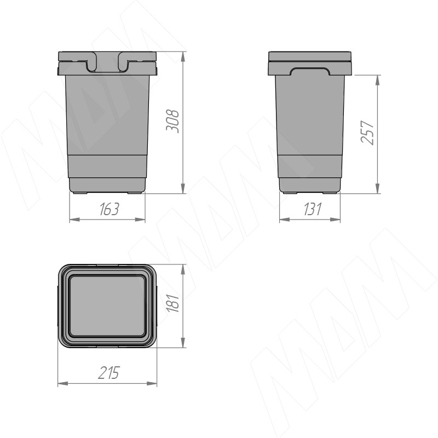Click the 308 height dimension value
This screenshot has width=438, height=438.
point(172,121)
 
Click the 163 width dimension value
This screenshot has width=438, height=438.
point(109,209)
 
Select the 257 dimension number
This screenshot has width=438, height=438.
point(367,132)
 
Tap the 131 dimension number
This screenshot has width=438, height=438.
point(313,209)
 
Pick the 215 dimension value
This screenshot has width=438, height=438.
point(108,372)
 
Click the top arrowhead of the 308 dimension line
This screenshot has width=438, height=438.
point(183,57)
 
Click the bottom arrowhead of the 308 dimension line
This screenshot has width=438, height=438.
point(183,188)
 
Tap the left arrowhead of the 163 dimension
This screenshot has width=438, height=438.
point(74,220)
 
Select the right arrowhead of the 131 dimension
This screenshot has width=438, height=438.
point(335,220)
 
